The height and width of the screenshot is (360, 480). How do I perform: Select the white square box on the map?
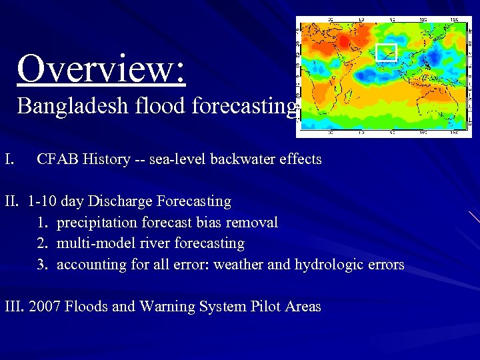(x=386, y=52)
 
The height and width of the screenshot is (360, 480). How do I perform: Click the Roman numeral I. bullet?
(x=9, y=159)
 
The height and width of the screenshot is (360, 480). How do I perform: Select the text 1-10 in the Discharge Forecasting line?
(x=42, y=201)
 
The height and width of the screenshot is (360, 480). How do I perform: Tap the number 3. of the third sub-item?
(x=43, y=265)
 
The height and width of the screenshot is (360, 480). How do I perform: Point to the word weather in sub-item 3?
(x=239, y=265)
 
